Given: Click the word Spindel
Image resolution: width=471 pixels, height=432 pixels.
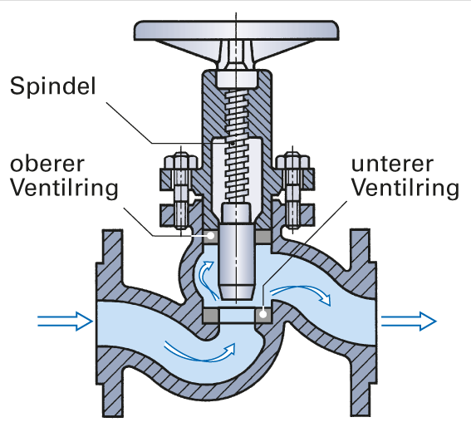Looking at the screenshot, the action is click(x=53, y=86).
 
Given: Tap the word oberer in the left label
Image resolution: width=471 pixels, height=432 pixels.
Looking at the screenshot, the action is click(x=47, y=164).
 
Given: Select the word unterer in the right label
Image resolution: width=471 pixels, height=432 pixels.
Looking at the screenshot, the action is click(x=392, y=164).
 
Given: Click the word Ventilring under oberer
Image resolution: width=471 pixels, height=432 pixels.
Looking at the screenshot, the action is click(x=64, y=189).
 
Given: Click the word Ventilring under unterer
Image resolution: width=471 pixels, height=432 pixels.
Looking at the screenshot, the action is click(x=405, y=189).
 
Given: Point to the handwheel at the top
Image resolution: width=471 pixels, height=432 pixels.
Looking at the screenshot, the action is click(x=237, y=31).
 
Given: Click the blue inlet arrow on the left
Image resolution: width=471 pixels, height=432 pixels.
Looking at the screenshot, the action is click(x=65, y=322).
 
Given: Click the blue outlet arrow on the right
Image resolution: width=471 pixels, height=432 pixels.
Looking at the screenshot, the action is click(x=409, y=322).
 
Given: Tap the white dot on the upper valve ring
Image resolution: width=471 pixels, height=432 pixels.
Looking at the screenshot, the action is click(x=211, y=236).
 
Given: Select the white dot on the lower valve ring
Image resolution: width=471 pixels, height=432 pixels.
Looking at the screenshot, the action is click(x=262, y=315).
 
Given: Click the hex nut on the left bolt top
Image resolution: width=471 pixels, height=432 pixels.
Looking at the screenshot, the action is click(x=180, y=161).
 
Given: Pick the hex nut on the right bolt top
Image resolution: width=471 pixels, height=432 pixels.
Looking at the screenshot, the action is click(x=292, y=161).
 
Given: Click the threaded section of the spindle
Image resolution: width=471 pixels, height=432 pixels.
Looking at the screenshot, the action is click(x=237, y=145).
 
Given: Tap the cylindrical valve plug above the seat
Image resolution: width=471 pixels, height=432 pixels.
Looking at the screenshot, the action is click(x=237, y=262).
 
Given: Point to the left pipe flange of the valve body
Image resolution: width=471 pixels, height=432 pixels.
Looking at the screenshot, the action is click(x=110, y=323).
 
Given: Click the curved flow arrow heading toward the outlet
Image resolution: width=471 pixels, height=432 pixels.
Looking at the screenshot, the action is click(x=302, y=293).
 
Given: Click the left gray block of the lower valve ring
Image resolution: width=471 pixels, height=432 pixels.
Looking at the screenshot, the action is click(x=210, y=315).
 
